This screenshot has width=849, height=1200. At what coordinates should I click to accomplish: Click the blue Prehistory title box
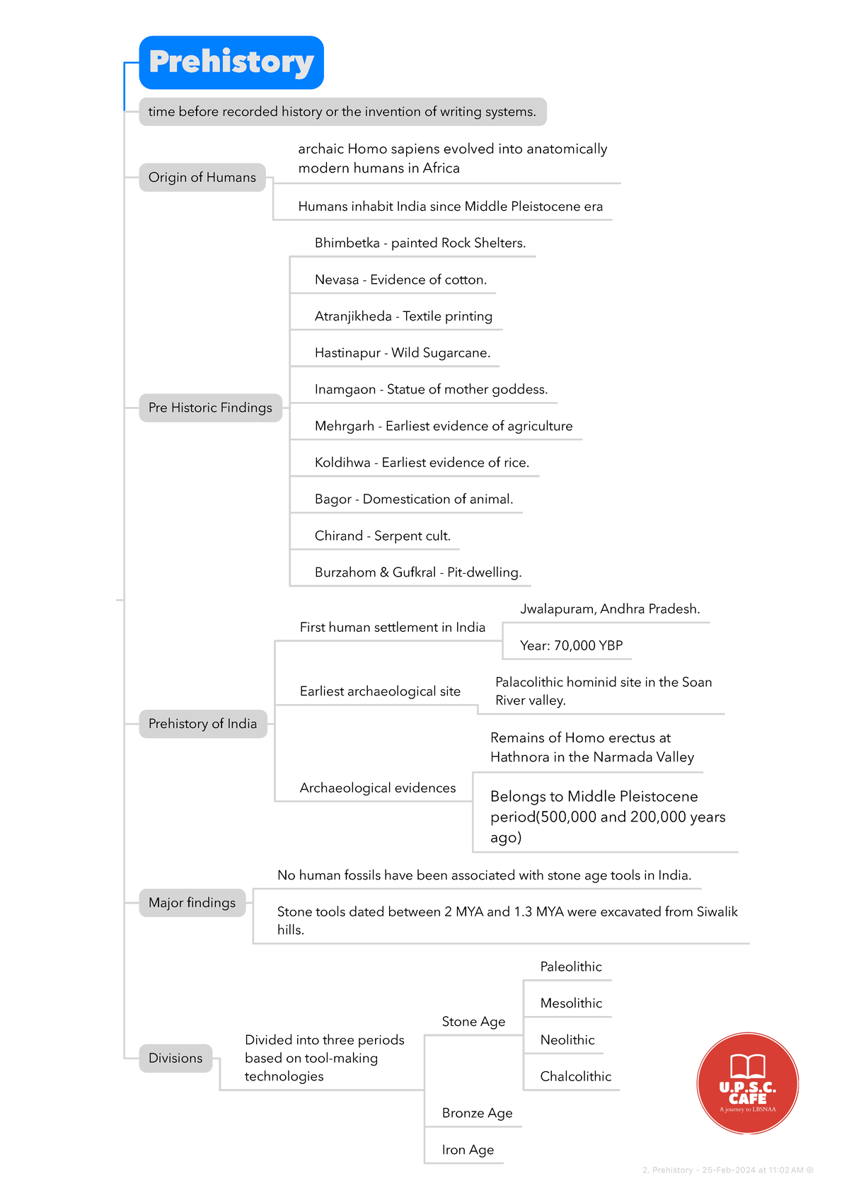click(x=231, y=62)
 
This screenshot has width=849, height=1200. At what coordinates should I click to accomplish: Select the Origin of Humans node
click(x=202, y=178)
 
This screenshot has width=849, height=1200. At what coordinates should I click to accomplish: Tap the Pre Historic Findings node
click(x=210, y=408)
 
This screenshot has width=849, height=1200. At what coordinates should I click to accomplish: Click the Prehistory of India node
click(x=202, y=724)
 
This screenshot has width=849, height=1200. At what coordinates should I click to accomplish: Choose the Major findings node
click(x=192, y=903)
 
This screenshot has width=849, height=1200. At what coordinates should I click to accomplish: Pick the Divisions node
click(x=175, y=1058)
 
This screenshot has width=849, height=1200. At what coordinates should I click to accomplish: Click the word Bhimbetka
click(x=347, y=243)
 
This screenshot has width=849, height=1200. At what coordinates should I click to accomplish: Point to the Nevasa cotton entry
click(x=400, y=280)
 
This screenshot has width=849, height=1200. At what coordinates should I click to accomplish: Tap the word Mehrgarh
click(x=344, y=427)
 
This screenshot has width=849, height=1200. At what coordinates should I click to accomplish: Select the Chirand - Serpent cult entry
click(x=382, y=536)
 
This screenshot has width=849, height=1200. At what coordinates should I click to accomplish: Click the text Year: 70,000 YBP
click(x=571, y=646)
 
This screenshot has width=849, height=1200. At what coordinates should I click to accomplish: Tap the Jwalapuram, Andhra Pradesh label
click(x=610, y=609)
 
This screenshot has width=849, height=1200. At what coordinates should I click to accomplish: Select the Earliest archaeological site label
click(x=380, y=692)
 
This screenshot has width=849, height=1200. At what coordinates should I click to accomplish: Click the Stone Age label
click(x=473, y=1022)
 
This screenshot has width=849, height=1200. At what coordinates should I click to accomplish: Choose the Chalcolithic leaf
click(x=575, y=1077)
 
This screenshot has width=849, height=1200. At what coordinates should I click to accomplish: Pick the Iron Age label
click(x=468, y=1150)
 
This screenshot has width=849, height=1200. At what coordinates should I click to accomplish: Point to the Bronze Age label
click(x=477, y=1114)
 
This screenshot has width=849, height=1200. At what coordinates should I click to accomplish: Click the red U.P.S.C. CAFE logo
click(x=748, y=1084)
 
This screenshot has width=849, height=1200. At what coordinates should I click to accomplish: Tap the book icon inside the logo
click(x=748, y=1066)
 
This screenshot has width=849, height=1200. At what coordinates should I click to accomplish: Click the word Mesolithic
click(x=571, y=1003)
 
